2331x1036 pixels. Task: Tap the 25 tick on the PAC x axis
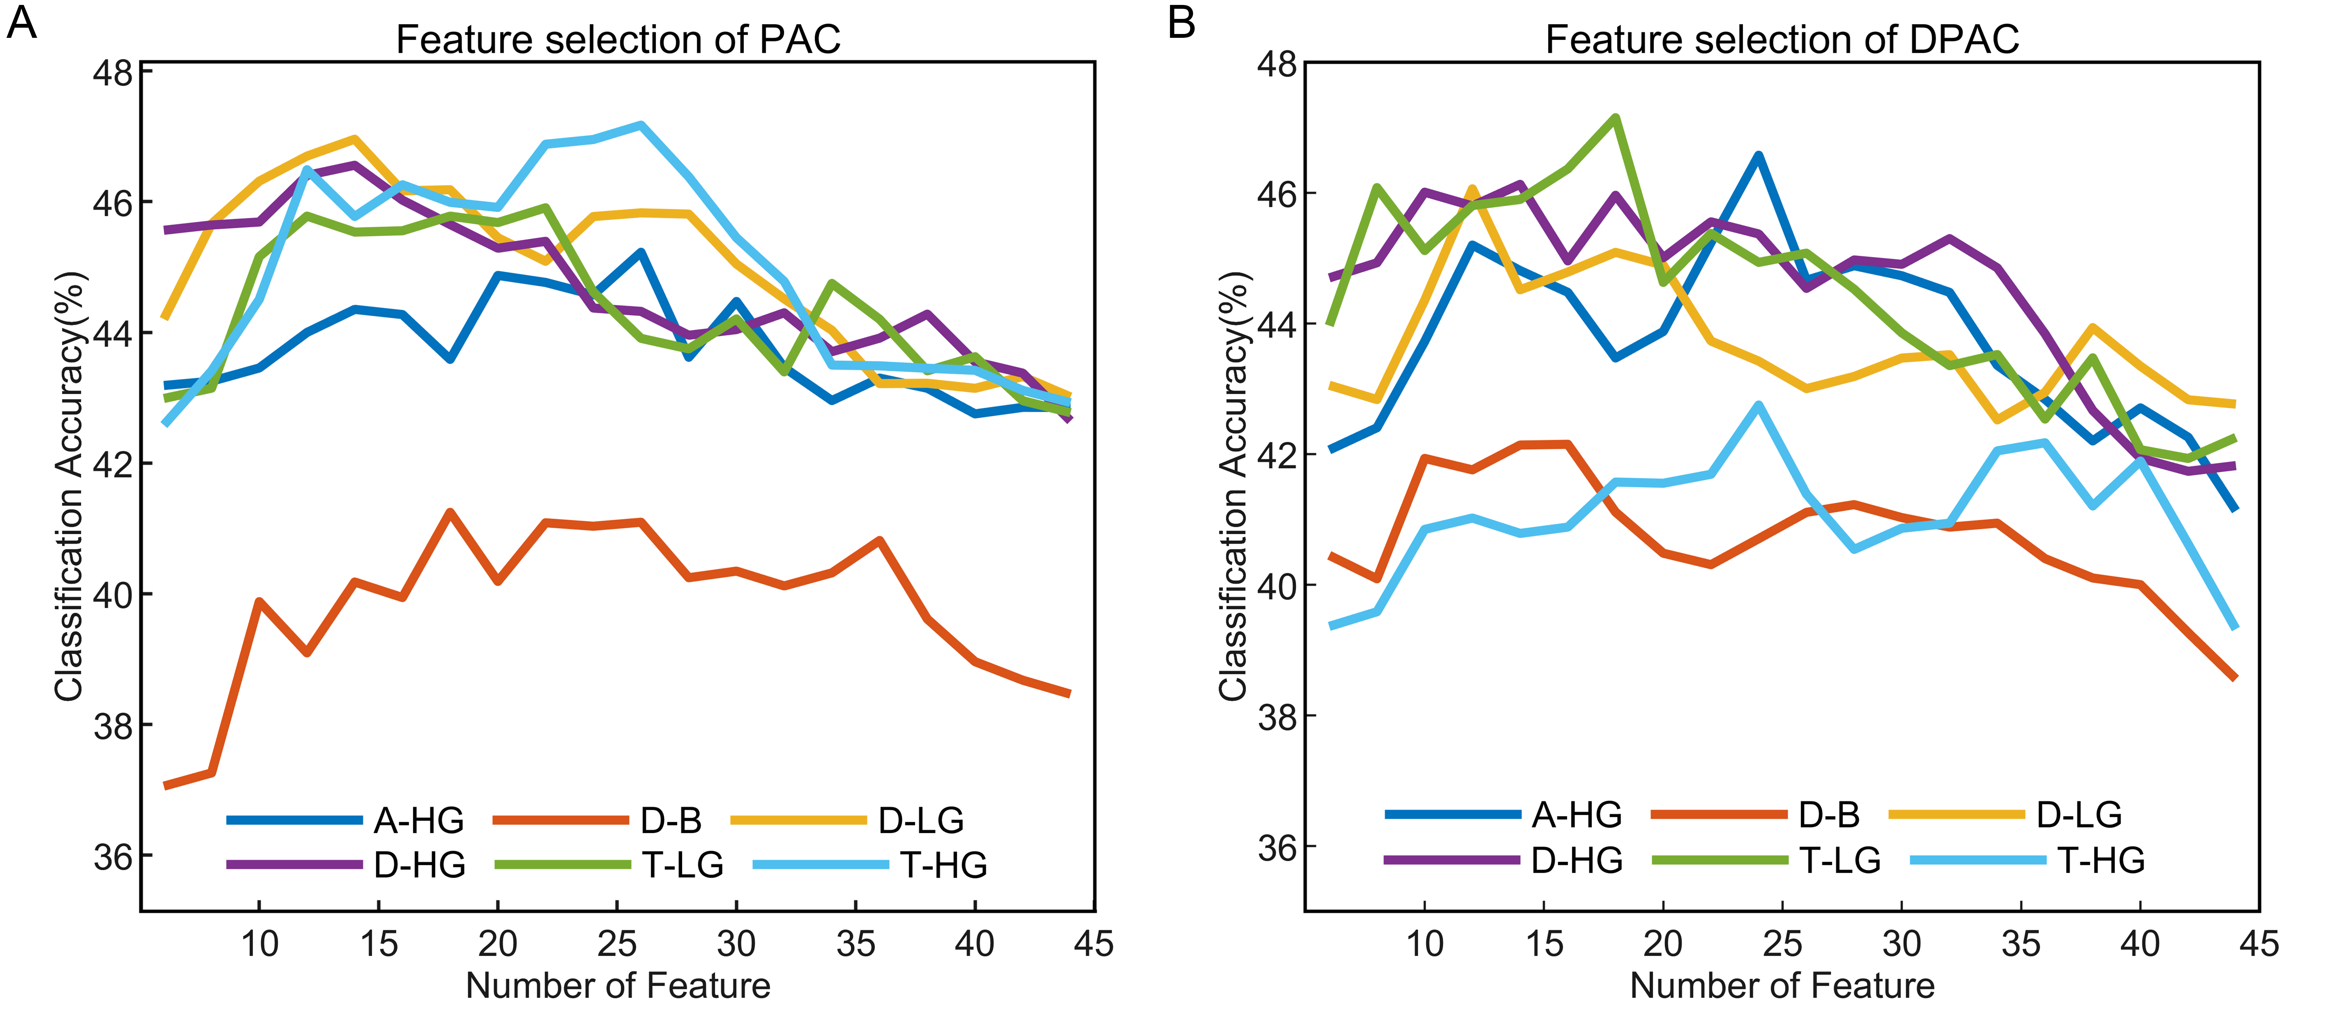[x=617, y=944]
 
